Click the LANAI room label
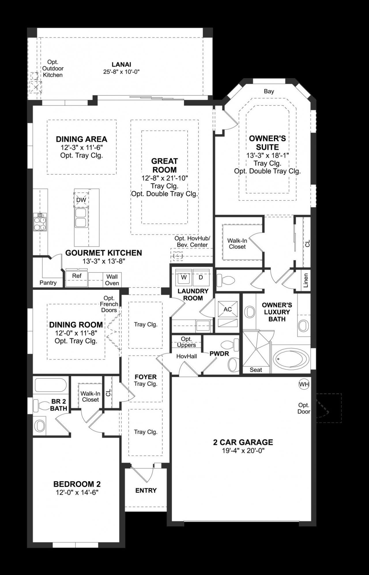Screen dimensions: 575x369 [x=121, y=65]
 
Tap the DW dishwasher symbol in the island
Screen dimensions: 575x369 [x=81, y=200]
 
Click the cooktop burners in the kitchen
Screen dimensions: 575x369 [x=40, y=222]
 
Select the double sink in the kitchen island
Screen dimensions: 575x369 [x=80, y=218]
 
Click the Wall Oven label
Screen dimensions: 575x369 [x=112, y=280]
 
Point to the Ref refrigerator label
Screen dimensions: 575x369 [x=77, y=276]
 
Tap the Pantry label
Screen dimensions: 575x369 [x=48, y=283]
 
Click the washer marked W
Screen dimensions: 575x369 [x=184, y=277]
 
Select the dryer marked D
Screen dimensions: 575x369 [x=201, y=277]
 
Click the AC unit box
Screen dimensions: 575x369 [x=227, y=309]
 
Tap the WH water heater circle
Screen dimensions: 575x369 [x=304, y=384]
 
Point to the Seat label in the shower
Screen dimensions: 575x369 [x=256, y=370]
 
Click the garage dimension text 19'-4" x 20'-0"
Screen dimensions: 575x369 [x=243, y=451]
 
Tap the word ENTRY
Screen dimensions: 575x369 [x=146, y=491]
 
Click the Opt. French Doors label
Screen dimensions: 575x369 [x=109, y=304]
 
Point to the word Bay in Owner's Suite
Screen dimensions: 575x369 [x=269, y=91]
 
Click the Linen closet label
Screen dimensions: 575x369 [x=306, y=280]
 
